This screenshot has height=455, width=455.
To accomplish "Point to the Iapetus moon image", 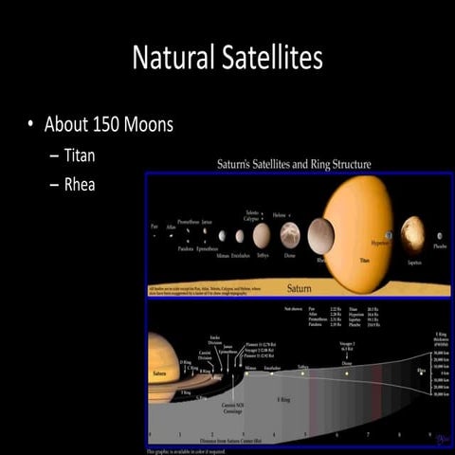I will (x=412, y=233).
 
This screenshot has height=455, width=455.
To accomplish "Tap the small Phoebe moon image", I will (x=439, y=236).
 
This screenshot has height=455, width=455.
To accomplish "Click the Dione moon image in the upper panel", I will (x=290, y=234).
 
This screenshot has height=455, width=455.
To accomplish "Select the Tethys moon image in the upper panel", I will (x=263, y=233).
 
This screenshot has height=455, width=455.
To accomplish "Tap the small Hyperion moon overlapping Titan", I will (x=389, y=234).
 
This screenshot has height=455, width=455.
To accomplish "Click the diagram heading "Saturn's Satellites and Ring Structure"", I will (x=288, y=165).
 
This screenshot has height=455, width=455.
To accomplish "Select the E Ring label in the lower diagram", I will (x=283, y=399).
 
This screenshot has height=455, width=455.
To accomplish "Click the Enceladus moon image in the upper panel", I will (x=240, y=235).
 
